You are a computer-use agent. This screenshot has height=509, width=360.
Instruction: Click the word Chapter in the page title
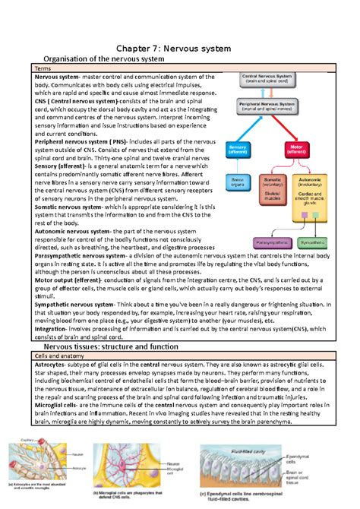pos(131,49)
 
